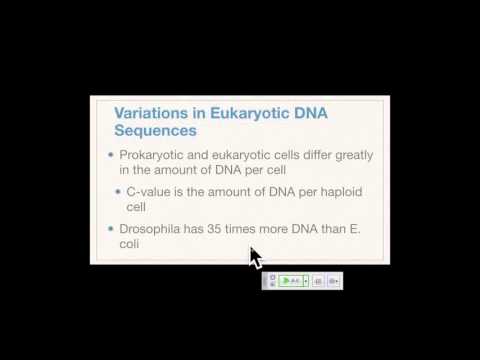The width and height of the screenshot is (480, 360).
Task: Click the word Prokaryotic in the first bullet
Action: click(x=153, y=156)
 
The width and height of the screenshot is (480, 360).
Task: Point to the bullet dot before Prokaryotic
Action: click(x=111, y=156)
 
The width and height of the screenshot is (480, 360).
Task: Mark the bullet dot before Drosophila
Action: click(x=111, y=228)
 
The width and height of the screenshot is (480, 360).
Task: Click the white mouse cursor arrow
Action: click(x=254, y=257)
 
